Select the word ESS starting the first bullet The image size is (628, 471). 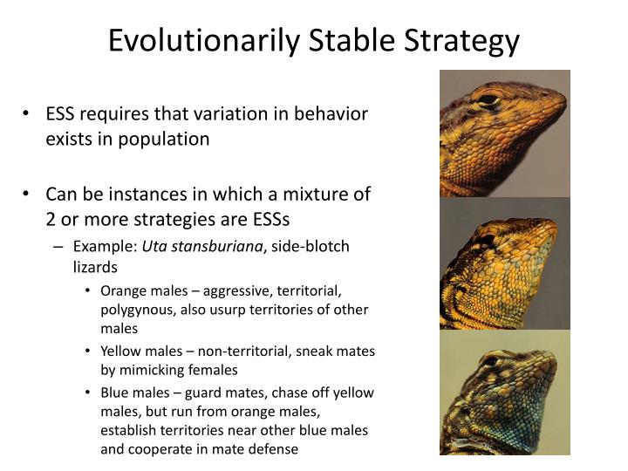click(x=62, y=114)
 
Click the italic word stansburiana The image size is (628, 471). click(x=220, y=247)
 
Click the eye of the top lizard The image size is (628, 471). click(x=489, y=99)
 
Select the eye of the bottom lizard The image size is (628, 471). click(x=490, y=360)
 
